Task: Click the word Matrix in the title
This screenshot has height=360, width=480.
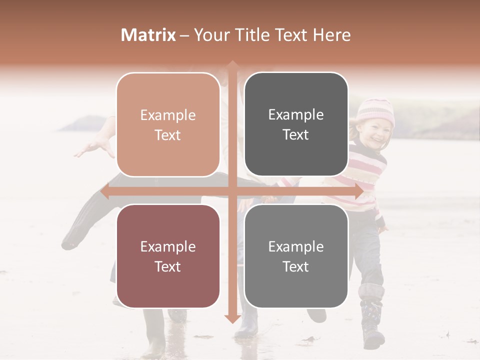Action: click(x=148, y=35)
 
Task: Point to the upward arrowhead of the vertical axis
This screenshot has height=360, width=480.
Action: click(x=232, y=65)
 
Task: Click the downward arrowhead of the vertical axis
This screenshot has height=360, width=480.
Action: click(x=232, y=318)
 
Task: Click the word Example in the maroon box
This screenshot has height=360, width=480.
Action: click(x=168, y=247)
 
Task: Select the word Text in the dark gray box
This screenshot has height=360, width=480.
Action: click(x=296, y=134)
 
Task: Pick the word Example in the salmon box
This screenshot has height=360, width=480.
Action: click(x=168, y=115)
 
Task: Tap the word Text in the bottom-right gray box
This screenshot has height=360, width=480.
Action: click(x=296, y=266)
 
